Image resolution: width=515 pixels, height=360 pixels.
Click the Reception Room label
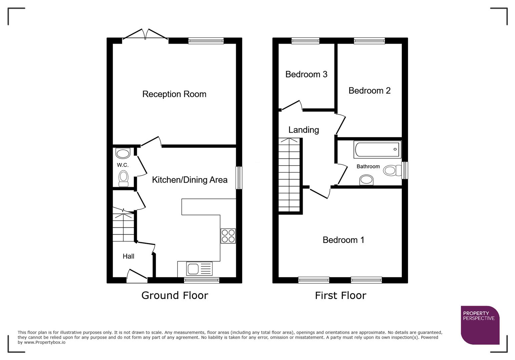click(174, 94)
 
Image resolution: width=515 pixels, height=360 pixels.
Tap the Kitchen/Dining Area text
click(189, 180)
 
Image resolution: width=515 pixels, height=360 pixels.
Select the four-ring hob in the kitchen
click(228, 236)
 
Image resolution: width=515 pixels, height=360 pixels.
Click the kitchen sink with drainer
click(199, 269)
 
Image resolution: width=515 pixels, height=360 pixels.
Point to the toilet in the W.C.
click(123, 179)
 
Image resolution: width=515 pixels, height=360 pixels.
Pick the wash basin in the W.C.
click(123, 153)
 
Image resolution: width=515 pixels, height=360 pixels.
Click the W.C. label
click(122, 165)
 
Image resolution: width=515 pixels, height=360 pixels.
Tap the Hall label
click(128, 256)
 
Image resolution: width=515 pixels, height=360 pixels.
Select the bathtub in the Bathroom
click(377, 149)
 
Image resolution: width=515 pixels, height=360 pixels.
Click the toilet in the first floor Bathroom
click(392, 170)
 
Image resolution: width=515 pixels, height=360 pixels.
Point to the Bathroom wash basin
click(366, 180)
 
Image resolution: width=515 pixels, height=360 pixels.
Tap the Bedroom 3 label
click(306, 74)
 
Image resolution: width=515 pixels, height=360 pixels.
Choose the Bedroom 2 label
click(369, 91)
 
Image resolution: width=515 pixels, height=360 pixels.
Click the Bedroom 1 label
click(343, 240)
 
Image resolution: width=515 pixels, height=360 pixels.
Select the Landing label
click(304, 130)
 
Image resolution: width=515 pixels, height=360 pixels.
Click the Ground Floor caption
click(174, 295)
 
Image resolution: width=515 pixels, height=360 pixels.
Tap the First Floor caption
click(340, 295)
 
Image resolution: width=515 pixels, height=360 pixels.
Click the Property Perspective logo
click(480, 325)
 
